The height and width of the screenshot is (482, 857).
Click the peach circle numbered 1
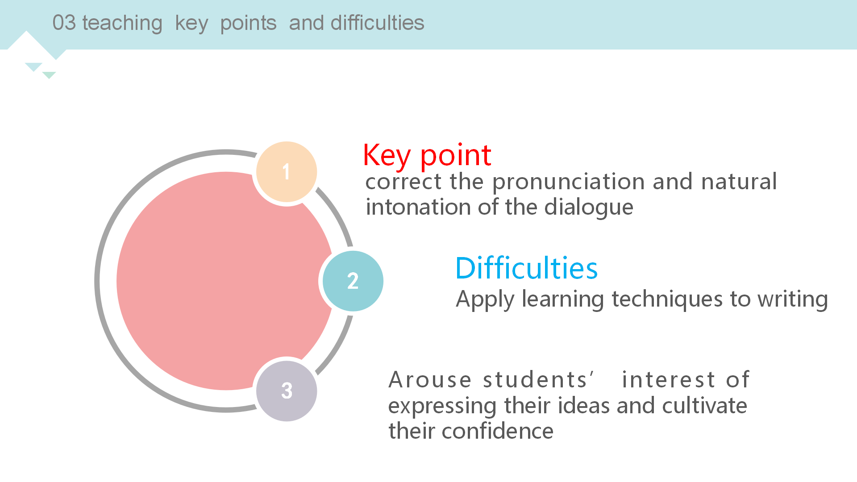[287, 172]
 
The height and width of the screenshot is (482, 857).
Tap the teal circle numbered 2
[353, 281]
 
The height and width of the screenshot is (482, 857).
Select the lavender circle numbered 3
[287, 391]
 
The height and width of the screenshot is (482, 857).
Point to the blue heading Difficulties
[526, 268]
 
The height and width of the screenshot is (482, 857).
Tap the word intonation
[418, 207]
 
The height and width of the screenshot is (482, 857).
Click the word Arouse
[430, 380]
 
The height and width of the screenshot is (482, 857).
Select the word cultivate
[704, 406]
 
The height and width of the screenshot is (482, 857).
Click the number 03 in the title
[64, 23]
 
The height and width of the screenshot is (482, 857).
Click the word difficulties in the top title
[377, 23]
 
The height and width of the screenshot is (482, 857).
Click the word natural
[739, 182]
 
